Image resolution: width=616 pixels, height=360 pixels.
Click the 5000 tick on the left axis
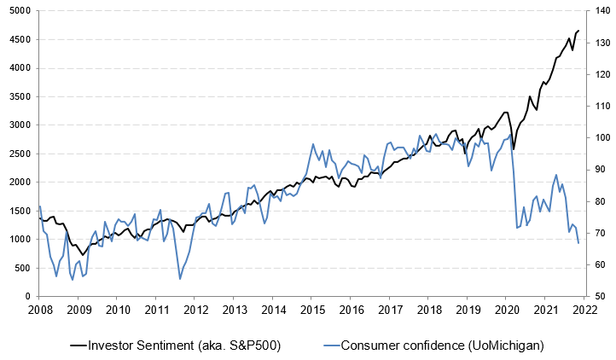point(18,10)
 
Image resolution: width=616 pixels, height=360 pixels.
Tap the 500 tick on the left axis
point(20,268)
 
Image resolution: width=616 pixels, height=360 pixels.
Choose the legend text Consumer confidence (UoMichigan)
point(442,345)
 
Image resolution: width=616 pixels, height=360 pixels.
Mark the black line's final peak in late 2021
point(578,31)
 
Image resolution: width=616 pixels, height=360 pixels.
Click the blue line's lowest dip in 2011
point(180,279)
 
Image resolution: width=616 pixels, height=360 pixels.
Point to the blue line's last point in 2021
point(578,244)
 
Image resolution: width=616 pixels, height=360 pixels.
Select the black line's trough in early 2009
point(83,254)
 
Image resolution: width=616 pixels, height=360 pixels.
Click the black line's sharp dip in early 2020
point(514,149)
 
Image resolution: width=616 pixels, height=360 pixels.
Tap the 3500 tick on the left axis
point(18,96)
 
